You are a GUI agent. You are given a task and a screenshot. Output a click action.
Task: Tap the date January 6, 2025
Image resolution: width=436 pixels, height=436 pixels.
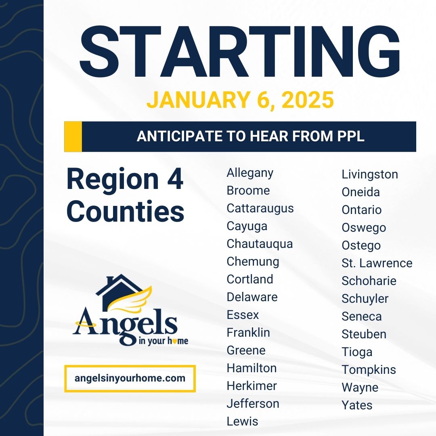tap(240, 100)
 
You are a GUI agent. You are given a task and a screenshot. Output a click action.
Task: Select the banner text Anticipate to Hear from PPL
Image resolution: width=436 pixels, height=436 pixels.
tap(250, 136)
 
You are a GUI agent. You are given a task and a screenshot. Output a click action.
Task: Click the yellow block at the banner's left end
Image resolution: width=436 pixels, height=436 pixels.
tap(73, 136)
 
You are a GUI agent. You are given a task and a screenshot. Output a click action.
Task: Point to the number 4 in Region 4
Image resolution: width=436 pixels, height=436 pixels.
tap(175, 180)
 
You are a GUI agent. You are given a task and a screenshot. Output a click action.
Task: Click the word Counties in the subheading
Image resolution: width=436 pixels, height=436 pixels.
tap(125, 211)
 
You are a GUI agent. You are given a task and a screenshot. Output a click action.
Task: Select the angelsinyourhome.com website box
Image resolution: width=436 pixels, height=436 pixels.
tap(130, 379)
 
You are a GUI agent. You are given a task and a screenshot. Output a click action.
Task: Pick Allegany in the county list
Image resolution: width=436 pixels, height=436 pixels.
tap(250, 173)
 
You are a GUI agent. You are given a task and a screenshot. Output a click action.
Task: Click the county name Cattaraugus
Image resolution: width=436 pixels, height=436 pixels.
tap(260, 208)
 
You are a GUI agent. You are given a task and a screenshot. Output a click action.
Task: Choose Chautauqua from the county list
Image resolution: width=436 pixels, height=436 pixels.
tap(260, 244)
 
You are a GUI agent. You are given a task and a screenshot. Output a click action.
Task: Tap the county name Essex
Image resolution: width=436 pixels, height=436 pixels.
tap(243, 315)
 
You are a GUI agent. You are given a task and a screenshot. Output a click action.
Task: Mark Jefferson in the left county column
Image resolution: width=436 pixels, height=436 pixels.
tap(253, 403)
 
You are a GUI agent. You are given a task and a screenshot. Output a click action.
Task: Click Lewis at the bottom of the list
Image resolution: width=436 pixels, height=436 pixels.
tap(242, 421)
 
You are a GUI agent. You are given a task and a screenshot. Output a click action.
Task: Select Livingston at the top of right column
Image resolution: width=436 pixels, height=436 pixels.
tap(370, 174)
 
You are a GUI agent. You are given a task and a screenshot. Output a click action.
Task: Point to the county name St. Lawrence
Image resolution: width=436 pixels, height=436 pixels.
tap(377, 263)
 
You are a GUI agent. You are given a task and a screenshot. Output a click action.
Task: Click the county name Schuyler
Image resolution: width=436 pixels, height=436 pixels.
tap(365, 299)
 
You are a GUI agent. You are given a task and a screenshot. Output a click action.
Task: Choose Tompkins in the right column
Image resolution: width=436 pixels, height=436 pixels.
tap(369, 370)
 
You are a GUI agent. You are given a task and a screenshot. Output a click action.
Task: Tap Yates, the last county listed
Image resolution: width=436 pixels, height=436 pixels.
tap(357, 405)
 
